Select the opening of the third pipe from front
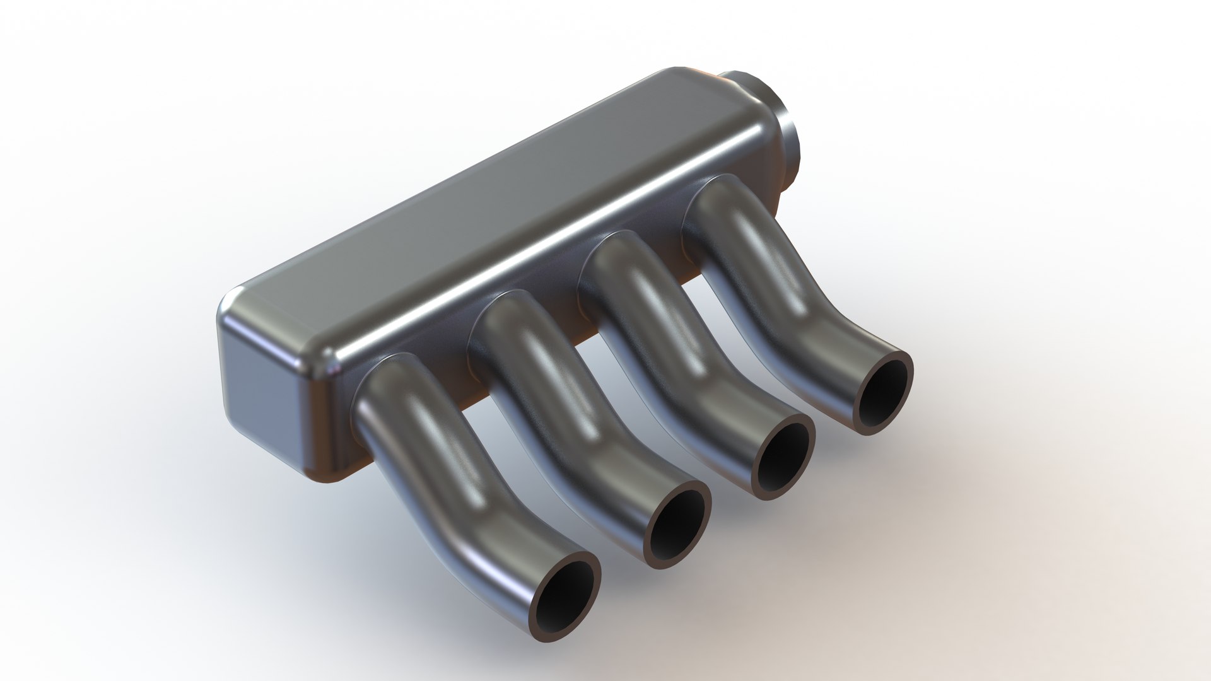[784, 457]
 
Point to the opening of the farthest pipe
[884, 393]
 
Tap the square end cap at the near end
[265, 378]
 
